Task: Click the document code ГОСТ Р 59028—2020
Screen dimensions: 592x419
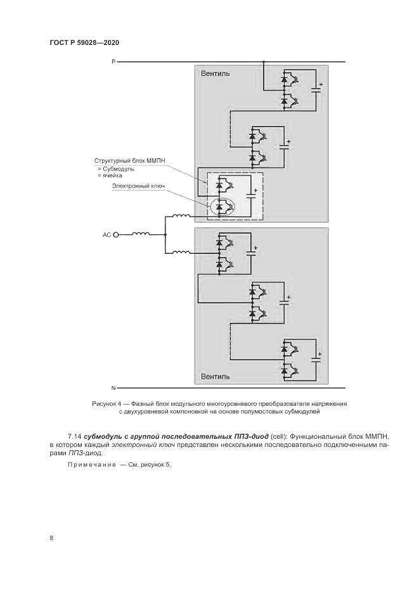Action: click(x=84, y=42)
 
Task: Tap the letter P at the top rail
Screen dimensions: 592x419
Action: click(x=113, y=61)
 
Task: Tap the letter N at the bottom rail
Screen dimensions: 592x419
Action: click(x=113, y=387)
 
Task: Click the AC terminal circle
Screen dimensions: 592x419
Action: click(x=116, y=234)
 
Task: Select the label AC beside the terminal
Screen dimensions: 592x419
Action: click(x=106, y=234)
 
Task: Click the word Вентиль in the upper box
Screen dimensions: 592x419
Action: click(x=216, y=73)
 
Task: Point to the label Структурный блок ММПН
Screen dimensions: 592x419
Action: click(x=129, y=161)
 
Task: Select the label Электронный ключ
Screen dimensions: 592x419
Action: click(x=138, y=186)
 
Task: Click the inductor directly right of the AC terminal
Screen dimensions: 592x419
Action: click(x=141, y=234)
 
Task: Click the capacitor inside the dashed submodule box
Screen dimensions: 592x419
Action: click(x=251, y=196)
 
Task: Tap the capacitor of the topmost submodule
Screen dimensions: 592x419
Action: click(x=316, y=89)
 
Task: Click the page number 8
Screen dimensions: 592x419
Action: click(x=51, y=538)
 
